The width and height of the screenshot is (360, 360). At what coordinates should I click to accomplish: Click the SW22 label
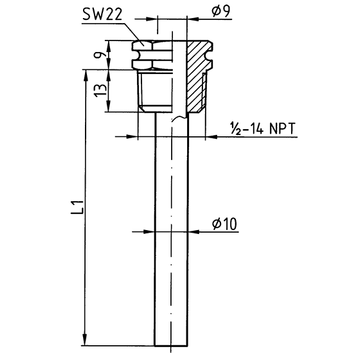[102, 14]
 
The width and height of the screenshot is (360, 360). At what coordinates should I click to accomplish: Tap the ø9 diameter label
[221, 12]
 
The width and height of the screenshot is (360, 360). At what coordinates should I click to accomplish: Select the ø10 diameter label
[225, 224]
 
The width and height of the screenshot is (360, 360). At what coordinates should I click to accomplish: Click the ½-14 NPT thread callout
[263, 128]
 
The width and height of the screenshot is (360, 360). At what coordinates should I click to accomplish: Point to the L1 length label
[77, 207]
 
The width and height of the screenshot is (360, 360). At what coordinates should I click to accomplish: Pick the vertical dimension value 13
[100, 90]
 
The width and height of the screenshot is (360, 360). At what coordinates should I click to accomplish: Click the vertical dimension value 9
[98, 55]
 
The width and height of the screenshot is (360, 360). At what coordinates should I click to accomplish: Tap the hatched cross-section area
[198, 76]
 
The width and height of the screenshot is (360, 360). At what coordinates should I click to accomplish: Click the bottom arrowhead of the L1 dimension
[85, 340]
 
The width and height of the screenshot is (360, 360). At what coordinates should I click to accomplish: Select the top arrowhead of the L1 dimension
[85, 76]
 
